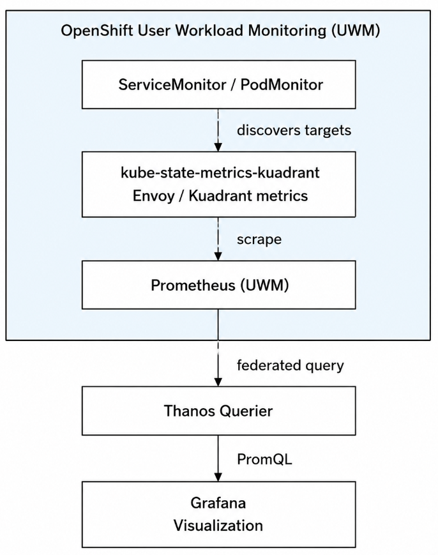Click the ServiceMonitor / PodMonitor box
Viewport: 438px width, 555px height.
[218, 84]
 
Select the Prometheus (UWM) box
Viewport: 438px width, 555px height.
[218, 285]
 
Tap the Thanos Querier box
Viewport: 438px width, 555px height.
[218, 411]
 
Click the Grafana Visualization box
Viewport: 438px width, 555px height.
[218, 514]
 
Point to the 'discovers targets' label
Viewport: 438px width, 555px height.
[294, 130]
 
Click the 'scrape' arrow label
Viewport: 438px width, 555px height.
[259, 239]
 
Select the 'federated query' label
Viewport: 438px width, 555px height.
[291, 365]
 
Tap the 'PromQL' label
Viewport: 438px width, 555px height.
[264, 459]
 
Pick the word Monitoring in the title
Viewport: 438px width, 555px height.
[287, 31]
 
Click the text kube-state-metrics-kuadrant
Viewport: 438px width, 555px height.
[220, 172]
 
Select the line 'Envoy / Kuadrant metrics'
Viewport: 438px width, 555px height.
[220, 195]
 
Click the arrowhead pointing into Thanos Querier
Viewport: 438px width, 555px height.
[218, 382]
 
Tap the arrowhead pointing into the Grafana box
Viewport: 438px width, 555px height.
[218, 477]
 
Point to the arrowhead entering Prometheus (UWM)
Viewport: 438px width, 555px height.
[218, 256]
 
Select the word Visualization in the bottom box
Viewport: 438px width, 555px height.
[218, 526]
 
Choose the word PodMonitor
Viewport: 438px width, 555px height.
[282, 85]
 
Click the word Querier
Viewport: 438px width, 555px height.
[246, 411]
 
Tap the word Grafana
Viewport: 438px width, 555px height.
[218, 503]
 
